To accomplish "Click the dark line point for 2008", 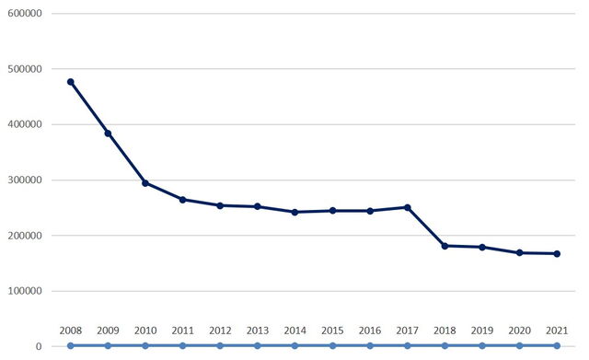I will pos(71,82).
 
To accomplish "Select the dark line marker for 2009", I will pos(108,134).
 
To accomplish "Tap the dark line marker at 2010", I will pos(145,183).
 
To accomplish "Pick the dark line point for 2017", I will pos(407,207).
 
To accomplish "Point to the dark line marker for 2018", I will pos(445,246).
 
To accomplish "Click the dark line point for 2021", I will pos(557,253).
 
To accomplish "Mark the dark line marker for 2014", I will pos(294,212).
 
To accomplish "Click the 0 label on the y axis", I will pos(38,347).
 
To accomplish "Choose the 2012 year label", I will pos(220,331).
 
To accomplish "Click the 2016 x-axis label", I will pos(369,331).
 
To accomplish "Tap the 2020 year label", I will pos(519,331).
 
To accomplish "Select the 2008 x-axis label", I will pos(71,331).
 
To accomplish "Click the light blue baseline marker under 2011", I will pos(182,346).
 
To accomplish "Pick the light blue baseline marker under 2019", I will pos(481,346).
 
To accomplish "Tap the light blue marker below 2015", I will pos(332,346).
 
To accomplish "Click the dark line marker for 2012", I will pos(220,205).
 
